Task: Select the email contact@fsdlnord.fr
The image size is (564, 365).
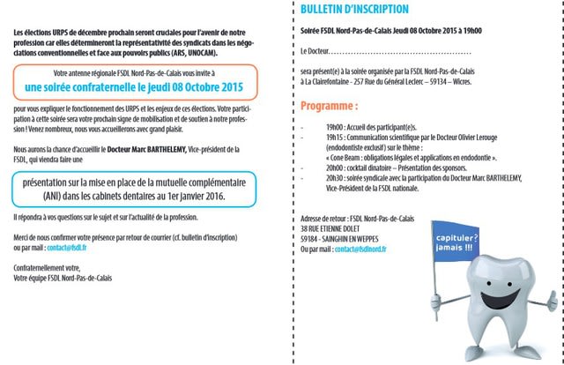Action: [357, 250]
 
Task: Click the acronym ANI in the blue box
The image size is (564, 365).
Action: [56, 197]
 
